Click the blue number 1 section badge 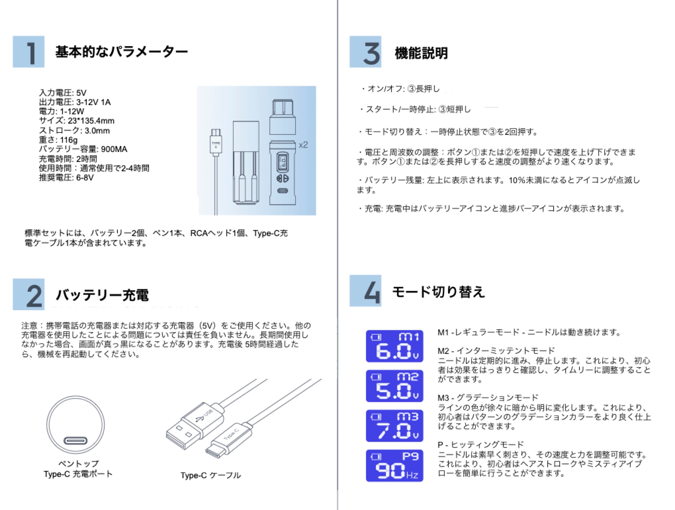28,51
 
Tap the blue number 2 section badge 28,294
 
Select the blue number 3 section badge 365,51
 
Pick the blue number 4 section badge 365,291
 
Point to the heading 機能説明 421,53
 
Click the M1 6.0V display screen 395,346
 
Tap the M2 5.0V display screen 395,386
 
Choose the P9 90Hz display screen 395,466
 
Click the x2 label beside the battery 303,145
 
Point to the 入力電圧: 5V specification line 63,93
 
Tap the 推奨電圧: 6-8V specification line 66,177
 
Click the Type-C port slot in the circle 75,441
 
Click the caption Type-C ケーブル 211,475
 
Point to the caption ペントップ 78,464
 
